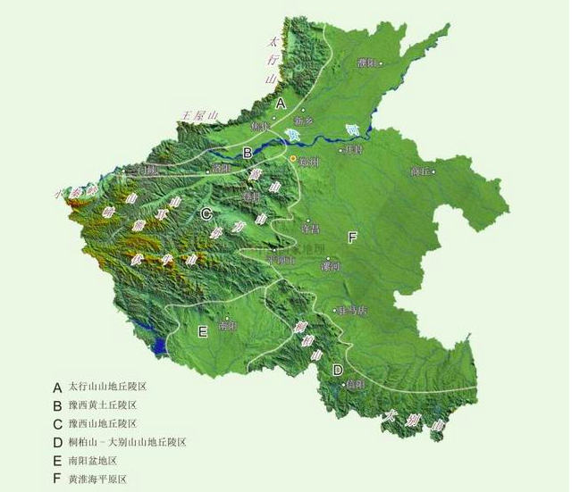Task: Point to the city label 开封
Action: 354,150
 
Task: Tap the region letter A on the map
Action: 280,104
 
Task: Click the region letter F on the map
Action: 352,237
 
